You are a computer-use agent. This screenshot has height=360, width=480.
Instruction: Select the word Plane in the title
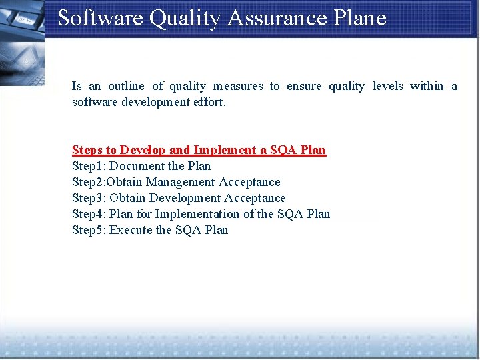(361, 18)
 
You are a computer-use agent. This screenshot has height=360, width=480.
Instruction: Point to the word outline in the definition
(126, 86)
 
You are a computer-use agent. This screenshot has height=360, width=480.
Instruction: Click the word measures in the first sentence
(238, 86)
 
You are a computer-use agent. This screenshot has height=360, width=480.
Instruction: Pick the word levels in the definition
(388, 86)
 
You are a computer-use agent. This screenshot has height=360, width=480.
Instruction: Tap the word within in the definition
(427, 86)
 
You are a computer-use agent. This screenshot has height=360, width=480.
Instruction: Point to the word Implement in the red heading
(221, 150)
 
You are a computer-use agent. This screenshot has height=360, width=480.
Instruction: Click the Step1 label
(88, 166)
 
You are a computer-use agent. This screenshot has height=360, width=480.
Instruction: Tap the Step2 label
(87, 182)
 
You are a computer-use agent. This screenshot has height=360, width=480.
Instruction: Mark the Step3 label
(88, 198)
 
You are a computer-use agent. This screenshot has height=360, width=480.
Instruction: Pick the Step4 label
(88, 214)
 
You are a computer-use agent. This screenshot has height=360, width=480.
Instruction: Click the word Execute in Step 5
(131, 230)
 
